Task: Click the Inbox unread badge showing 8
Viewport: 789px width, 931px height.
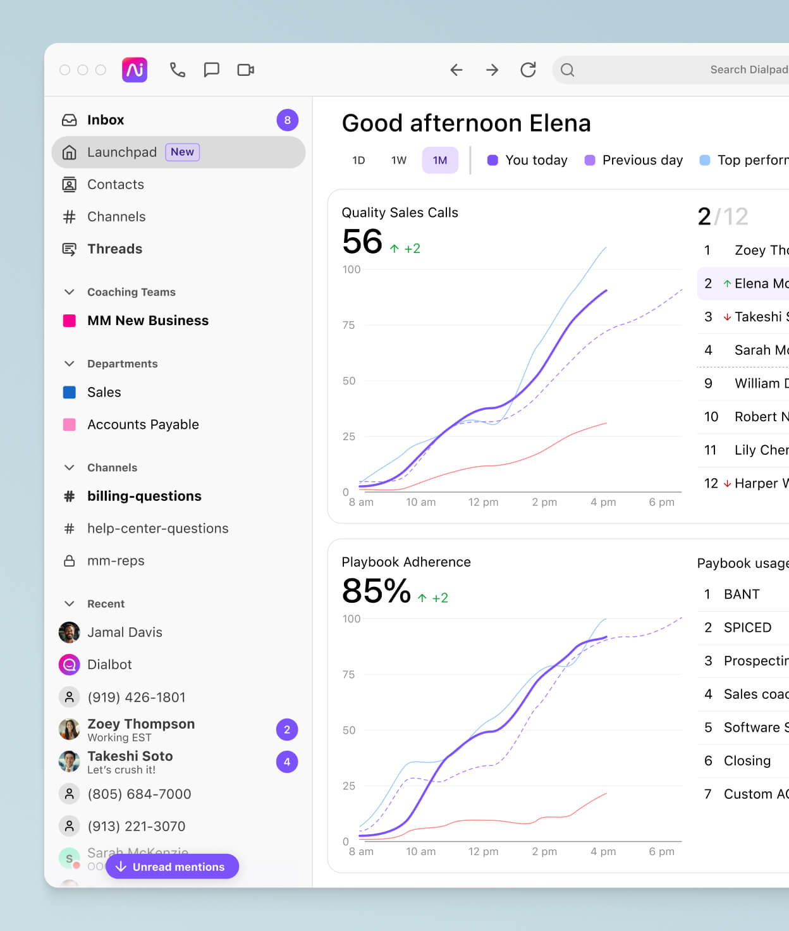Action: (x=287, y=120)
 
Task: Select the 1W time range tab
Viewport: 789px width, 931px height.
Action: (x=399, y=161)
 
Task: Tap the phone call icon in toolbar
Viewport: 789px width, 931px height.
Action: (x=177, y=70)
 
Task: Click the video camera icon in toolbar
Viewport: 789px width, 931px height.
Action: (x=245, y=70)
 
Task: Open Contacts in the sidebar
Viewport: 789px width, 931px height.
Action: (x=116, y=185)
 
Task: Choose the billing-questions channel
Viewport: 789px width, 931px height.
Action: (x=144, y=496)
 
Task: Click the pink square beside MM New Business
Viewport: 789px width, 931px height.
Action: (x=70, y=321)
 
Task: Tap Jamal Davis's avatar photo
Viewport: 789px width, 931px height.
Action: (x=70, y=632)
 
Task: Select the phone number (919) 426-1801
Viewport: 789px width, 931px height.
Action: (x=137, y=697)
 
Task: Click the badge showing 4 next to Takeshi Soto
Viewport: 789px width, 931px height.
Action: (x=287, y=762)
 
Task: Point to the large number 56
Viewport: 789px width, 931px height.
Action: (x=362, y=242)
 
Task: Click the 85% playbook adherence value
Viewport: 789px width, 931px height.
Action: (x=376, y=591)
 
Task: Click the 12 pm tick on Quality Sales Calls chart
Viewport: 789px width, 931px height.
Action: (x=483, y=502)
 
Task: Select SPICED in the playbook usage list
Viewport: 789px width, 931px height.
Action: (x=747, y=627)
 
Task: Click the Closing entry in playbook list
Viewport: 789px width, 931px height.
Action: (x=747, y=761)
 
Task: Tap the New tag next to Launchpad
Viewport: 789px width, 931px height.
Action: (x=182, y=152)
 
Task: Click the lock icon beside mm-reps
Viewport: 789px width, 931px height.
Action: (x=70, y=561)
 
